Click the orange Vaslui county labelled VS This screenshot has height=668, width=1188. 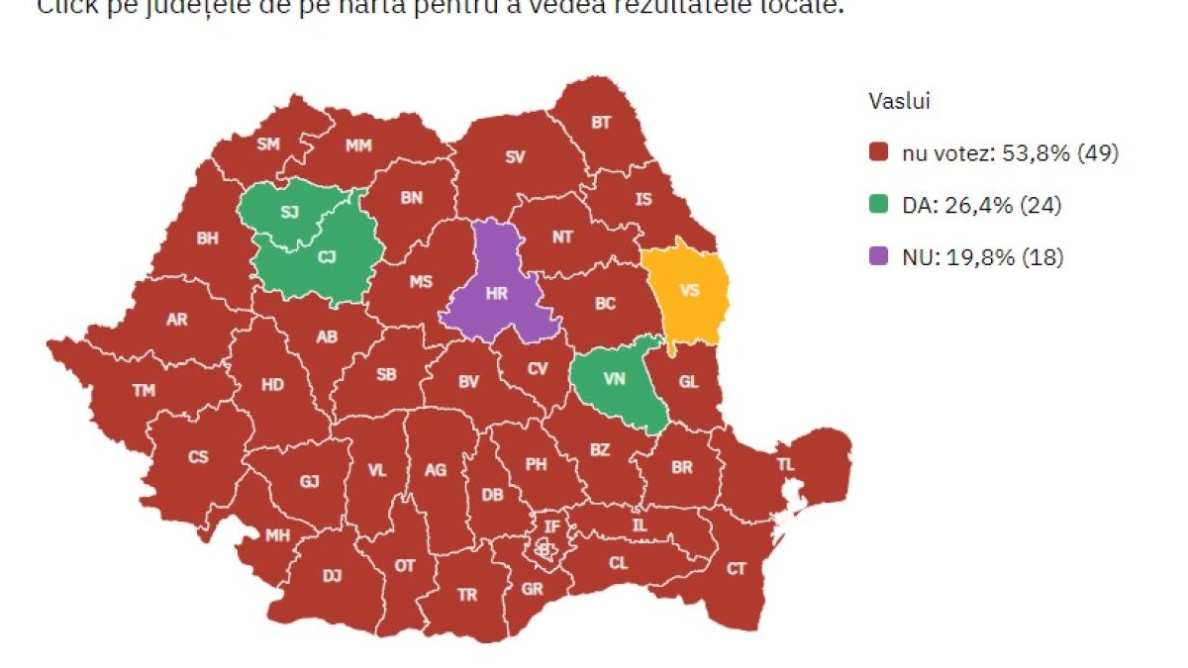[x=690, y=290]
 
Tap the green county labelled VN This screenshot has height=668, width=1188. [x=614, y=379]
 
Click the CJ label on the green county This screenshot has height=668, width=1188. [x=326, y=256]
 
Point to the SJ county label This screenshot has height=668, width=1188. [x=289, y=213]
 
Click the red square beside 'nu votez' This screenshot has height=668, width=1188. [x=878, y=153]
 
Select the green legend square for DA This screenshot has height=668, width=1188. [x=878, y=206]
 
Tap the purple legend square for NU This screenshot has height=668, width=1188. [x=878, y=257]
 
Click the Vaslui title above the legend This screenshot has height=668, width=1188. [x=898, y=101]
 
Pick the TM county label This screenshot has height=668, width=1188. [x=144, y=390]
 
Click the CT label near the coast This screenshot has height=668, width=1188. [x=736, y=568]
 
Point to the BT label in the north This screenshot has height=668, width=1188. [x=601, y=123]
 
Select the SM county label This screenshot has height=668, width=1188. [x=268, y=143]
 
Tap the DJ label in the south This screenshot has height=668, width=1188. [x=332, y=574]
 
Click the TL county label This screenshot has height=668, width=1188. [x=785, y=464]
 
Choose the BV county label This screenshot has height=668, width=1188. [x=468, y=380]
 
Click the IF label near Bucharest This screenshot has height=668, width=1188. [x=552, y=525]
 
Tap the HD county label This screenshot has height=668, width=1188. [x=272, y=385]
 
